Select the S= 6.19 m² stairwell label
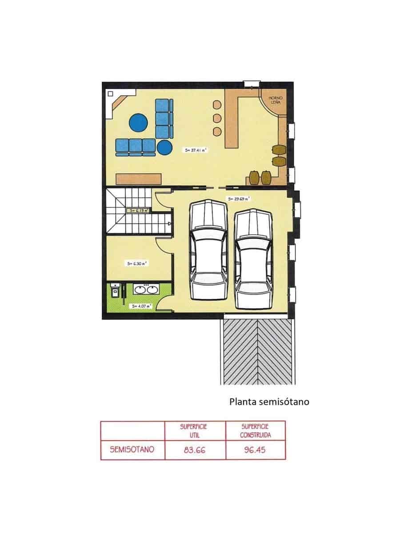click(x=138, y=210)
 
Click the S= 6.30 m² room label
click(x=137, y=263)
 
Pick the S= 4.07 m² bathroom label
click(x=141, y=306)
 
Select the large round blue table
click(x=139, y=122)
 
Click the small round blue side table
click(x=164, y=146)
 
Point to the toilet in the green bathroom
click(x=114, y=291)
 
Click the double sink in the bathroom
click(x=146, y=290)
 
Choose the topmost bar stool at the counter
click(x=217, y=105)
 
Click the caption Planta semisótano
click(x=269, y=402)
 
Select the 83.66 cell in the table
click(x=195, y=450)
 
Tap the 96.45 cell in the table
click(x=255, y=450)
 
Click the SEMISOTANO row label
click(x=132, y=449)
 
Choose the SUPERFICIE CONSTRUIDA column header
click(x=256, y=430)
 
